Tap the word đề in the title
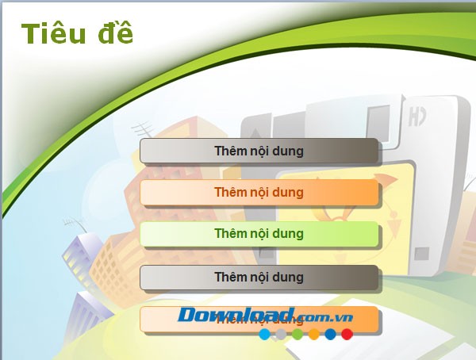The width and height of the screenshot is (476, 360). [x=112, y=34]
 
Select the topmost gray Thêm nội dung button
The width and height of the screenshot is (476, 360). [x=259, y=150]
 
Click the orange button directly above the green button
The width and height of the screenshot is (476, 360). [x=259, y=192]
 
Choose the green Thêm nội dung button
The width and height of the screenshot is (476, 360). [x=259, y=234]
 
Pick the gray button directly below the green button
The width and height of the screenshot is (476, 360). [x=259, y=277]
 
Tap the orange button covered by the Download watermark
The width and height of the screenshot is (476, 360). [x=259, y=320]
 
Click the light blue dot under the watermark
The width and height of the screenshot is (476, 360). [x=264, y=335]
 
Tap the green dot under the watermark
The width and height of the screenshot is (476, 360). [x=297, y=335]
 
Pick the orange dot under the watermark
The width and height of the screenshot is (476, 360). [x=314, y=335]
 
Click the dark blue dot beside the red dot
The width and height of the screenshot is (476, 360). [x=330, y=335]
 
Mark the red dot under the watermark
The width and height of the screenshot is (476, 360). [x=347, y=335]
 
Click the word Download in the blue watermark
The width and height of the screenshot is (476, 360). [x=236, y=316]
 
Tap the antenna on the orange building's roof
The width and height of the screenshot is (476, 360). [x=143, y=127]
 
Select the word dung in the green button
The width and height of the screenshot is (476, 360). [x=288, y=234]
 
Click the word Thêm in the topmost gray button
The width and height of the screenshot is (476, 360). [x=228, y=150]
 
